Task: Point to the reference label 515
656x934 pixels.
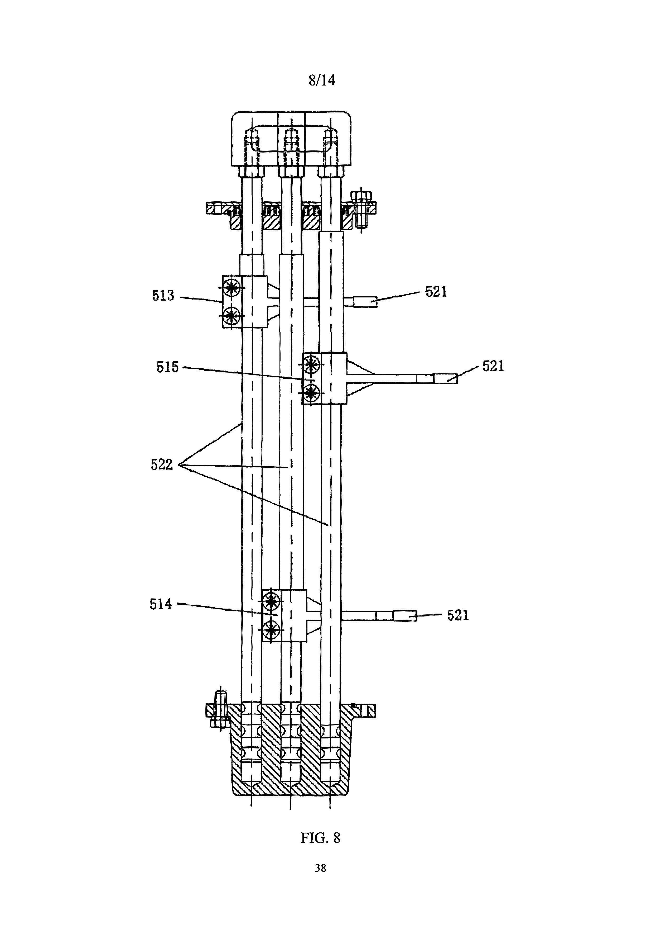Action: [167, 367]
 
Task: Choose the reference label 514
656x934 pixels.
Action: [161, 604]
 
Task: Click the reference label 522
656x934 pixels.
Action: [162, 464]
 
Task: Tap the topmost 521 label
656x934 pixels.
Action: [436, 291]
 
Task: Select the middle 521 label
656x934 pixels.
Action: [493, 366]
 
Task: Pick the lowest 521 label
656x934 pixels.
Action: [458, 615]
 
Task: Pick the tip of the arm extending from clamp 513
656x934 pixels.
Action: [365, 302]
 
